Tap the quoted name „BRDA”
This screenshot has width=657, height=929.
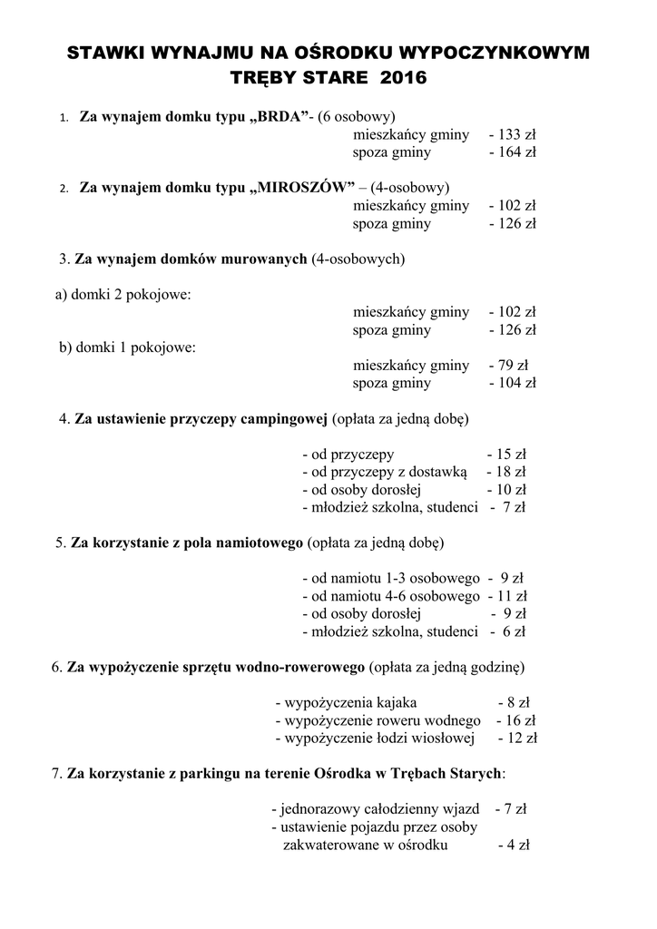click(x=275, y=117)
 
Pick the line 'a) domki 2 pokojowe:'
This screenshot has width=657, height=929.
click(x=123, y=294)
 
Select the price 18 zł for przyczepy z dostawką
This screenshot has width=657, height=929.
click(x=510, y=472)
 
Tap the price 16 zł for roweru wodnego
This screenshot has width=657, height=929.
click(x=520, y=720)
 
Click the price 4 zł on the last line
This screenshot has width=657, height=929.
click(x=517, y=845)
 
